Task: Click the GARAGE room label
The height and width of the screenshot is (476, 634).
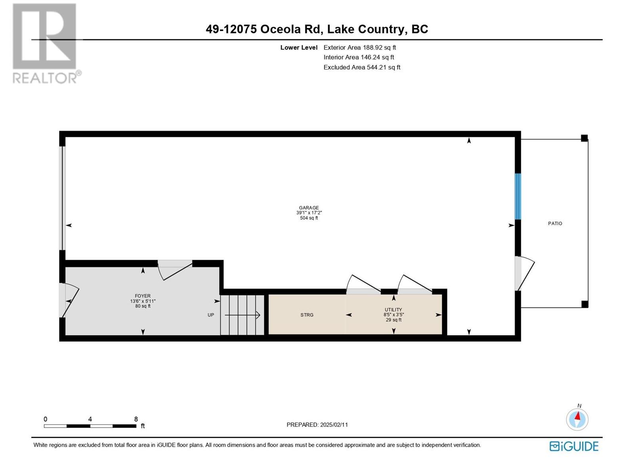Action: pyautogui.click(x=309, y=208)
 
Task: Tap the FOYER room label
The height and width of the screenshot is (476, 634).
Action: pyautogui.click(x=143, y=296)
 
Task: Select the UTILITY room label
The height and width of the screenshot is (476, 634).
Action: pyautogui.click(x=393, y=310)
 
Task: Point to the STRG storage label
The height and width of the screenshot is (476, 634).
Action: pyautogui.click(x=307, y=315)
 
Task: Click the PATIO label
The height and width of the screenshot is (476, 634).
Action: pyautogui.click(x=555, y=223)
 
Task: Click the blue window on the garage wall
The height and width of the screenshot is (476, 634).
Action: pyautogui.click(x=518, y=196)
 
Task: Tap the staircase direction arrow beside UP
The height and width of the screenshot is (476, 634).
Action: pyautogui.click(x=243, y=315)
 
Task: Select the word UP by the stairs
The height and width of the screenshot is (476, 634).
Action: pyautogui.click(x=211, y=315)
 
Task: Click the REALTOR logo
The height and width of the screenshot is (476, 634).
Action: pyautogui.click(x=46, y=43)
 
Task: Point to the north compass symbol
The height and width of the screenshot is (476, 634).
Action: pyautogui.click(x=577, y=417)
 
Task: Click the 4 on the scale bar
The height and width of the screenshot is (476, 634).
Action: pyautogui.click(x=90, y=419)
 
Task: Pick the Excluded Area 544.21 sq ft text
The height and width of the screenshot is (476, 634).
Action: pyautogui.click(x=362, y=67)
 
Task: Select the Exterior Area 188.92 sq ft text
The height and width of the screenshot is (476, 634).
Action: pyautogui.click(x=360, y=48)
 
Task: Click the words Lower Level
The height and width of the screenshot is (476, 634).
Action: pyautogui.click(x=299, y=48)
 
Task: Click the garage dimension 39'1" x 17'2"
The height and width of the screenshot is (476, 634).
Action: pyautogui.click(x=309, y=213)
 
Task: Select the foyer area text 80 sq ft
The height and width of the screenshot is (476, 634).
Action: pyautogui.click(x=143, y=306)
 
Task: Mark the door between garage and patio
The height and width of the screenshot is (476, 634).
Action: pyautogui.click(x=524, y=273)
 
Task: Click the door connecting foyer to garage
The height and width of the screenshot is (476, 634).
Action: pyautogui.click(x=175, y=270)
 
